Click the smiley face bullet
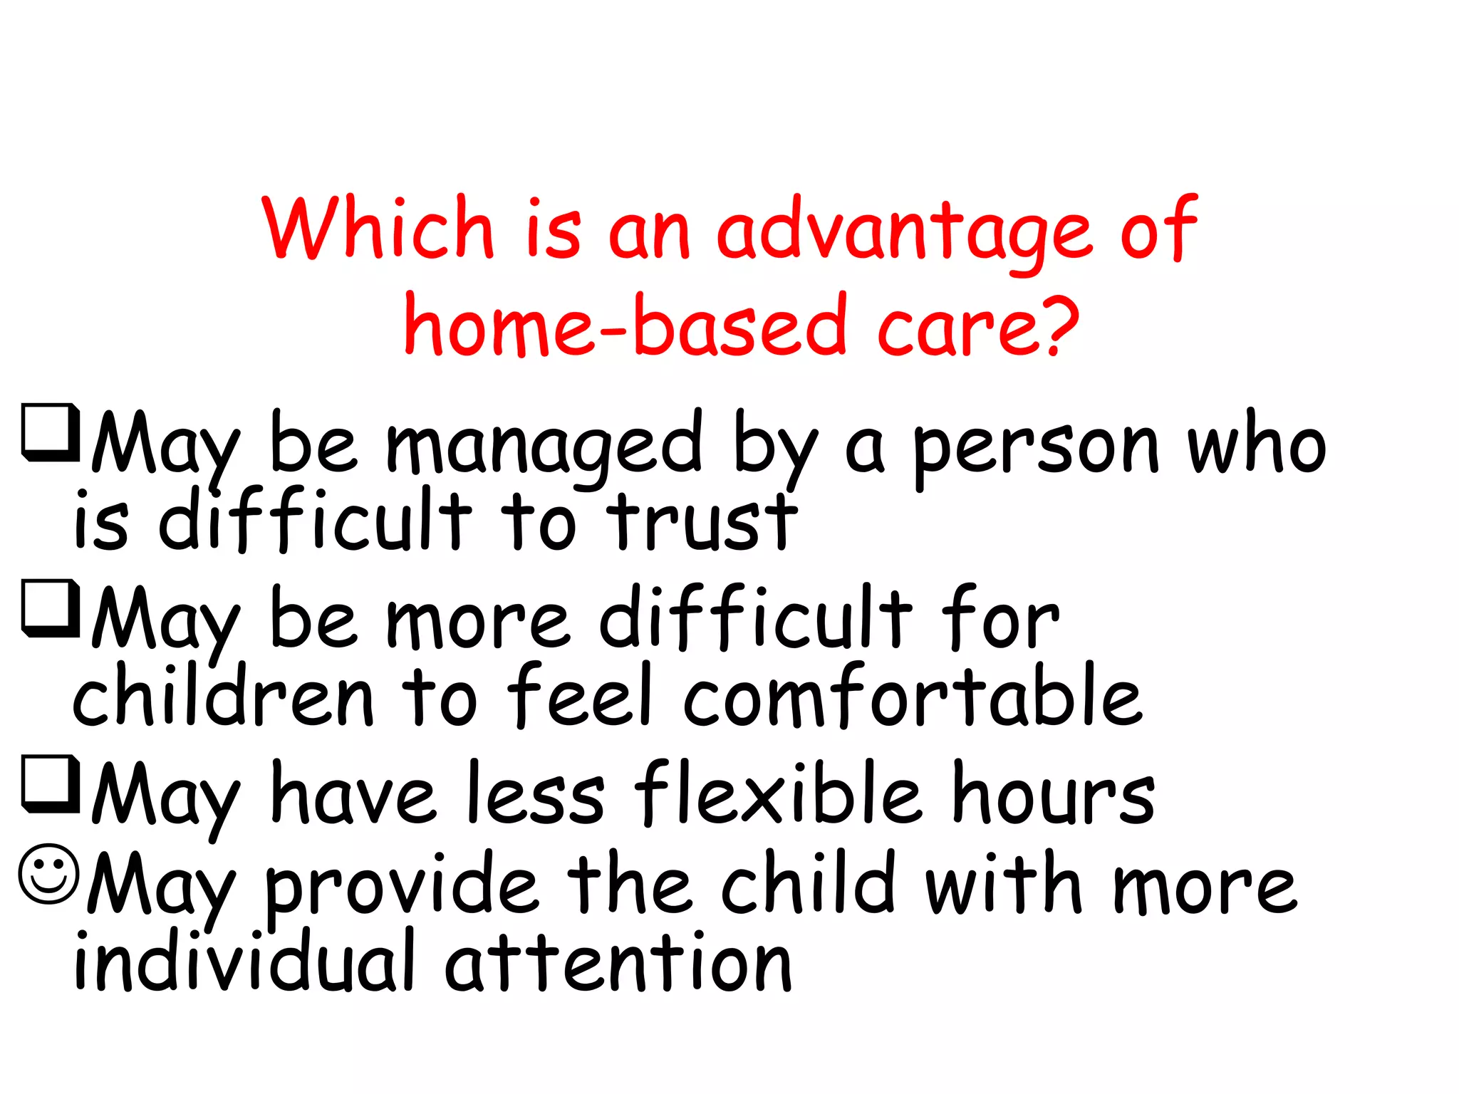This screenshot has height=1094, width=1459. [x=48, y=875]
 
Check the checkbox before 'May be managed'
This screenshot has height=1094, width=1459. [x=50, y=432]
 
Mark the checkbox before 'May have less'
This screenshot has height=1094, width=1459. [x=50, y=783]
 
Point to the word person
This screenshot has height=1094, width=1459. [x=1037, y=449]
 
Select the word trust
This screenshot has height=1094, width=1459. [x=702, y=523]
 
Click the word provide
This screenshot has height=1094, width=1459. [x=403, y=887]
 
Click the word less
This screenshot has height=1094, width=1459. [x=536, y=794]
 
